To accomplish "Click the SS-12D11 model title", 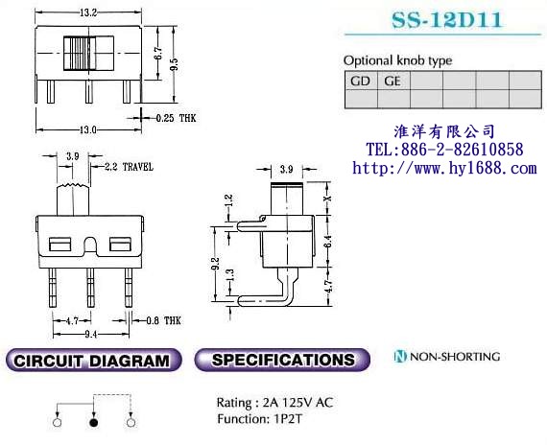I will click(442, 19).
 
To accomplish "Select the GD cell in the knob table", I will click(360, 82).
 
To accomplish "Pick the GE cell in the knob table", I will click(392, 82).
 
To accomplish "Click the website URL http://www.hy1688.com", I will click(444, 168).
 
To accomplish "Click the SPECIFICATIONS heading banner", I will click(282, 361).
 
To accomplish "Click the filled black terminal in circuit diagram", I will click(94, 421).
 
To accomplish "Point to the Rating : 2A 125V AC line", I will click(275, 403).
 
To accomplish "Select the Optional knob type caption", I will click(397, 60).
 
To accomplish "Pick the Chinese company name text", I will click(444, 130).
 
